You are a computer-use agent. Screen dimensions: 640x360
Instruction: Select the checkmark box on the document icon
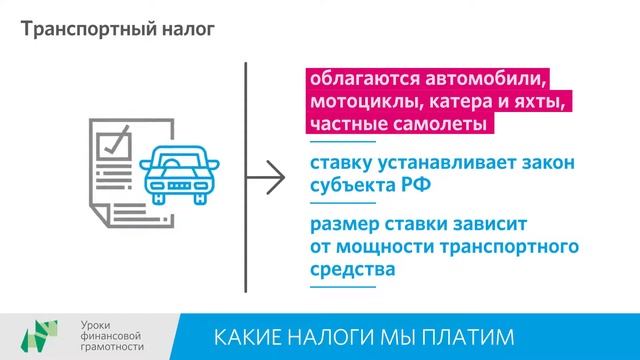click(118, 139)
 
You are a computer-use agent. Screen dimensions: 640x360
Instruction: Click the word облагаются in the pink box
click(362, 79)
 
